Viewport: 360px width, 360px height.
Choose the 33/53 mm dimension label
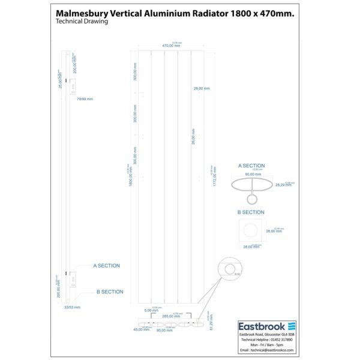[x=72, y=307]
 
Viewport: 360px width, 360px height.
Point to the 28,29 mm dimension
[x=283, y=185]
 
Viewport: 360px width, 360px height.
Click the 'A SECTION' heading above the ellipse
[x=251, y=164]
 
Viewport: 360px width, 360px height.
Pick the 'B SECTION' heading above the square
[x=251, y=212]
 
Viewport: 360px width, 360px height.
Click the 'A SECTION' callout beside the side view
[x=106, y=265]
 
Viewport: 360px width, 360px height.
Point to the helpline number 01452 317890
[x=278, y=340]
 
